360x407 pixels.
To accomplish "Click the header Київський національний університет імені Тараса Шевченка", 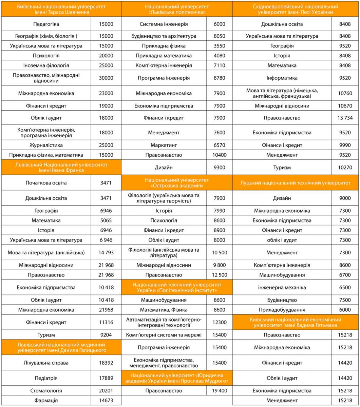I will [61, 9].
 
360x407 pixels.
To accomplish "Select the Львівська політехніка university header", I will [177, 9].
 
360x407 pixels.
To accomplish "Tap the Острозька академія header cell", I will [177, 182].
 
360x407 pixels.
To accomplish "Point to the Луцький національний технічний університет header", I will [296, 183].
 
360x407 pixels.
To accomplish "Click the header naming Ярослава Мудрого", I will [177, 377].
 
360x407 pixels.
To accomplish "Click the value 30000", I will [106, 78].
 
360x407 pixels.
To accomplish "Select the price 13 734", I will [345, 118].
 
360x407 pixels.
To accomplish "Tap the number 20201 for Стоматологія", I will [106, 391].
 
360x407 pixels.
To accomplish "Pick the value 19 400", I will [219, 391].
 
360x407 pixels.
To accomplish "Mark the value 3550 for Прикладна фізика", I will [219, 46].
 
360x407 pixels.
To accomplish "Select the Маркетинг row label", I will [164, 145].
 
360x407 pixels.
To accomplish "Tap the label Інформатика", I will [282, 78].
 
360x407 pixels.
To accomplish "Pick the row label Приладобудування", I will [282, 310].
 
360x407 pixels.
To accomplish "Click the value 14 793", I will [106, 252].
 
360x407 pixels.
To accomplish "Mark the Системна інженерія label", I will [164, 24].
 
